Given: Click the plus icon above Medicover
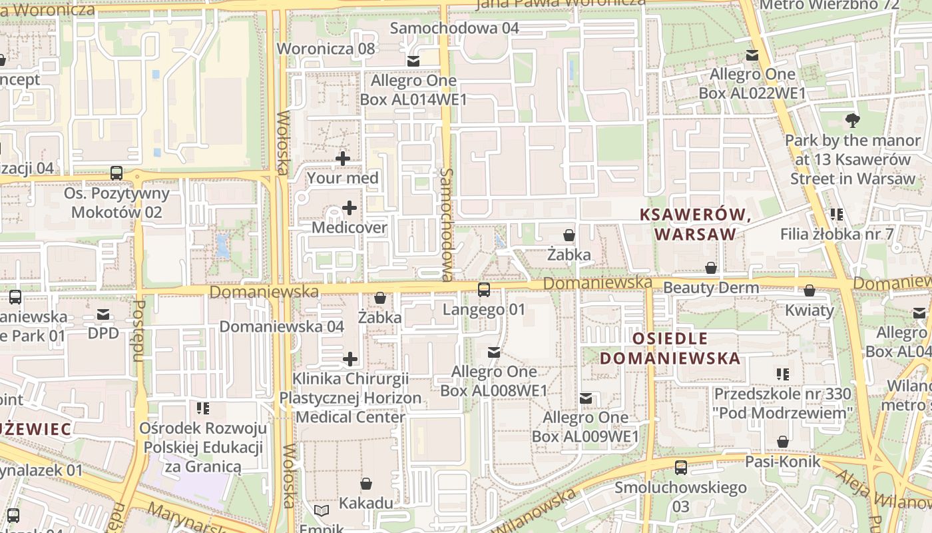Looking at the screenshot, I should [349, 208].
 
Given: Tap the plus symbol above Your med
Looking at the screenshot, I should [343, 159].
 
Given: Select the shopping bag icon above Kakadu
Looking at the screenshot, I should [366, 483].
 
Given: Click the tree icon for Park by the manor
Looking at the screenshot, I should [852, 121].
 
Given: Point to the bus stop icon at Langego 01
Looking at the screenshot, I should [484, 290].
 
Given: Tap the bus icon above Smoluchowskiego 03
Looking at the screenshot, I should [680, 468].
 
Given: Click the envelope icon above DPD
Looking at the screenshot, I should [103, 314].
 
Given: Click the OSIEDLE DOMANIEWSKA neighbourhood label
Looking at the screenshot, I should [670, 348].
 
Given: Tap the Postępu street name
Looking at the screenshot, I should [139, 330].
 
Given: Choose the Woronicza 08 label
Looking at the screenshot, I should [326, 49].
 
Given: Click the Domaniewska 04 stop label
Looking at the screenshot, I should [282, 326].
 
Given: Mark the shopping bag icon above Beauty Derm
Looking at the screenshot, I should [711, 268].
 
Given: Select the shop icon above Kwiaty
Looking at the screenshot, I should [810, 290].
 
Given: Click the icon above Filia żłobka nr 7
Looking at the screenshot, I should [837, 215].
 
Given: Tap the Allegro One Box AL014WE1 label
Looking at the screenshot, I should [413, 90].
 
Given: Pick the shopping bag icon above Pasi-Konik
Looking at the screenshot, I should [783, 442].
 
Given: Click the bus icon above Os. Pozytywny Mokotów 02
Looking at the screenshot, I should [116, 173].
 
